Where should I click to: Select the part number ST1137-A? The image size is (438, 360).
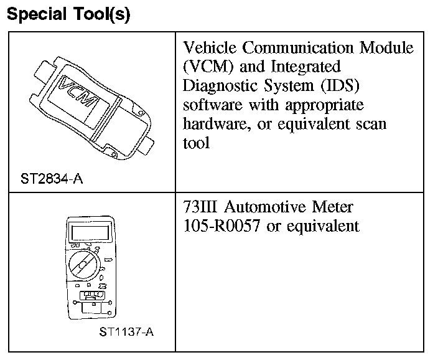[x=126, y=331]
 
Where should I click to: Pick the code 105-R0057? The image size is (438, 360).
[x=221, y=225]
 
